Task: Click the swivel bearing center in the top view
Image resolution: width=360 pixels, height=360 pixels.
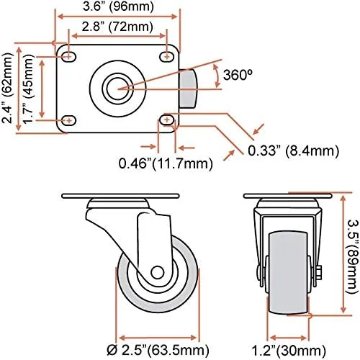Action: point(117,87)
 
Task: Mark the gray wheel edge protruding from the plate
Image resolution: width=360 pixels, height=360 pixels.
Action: point(188,88)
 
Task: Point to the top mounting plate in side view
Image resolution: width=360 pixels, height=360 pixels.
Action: point(119,196)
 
